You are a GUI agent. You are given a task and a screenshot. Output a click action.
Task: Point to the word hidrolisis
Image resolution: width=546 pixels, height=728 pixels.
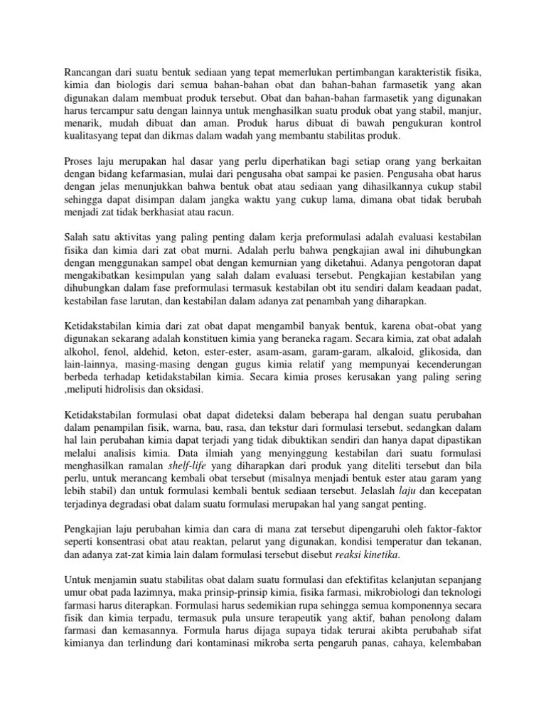point(142,390)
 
